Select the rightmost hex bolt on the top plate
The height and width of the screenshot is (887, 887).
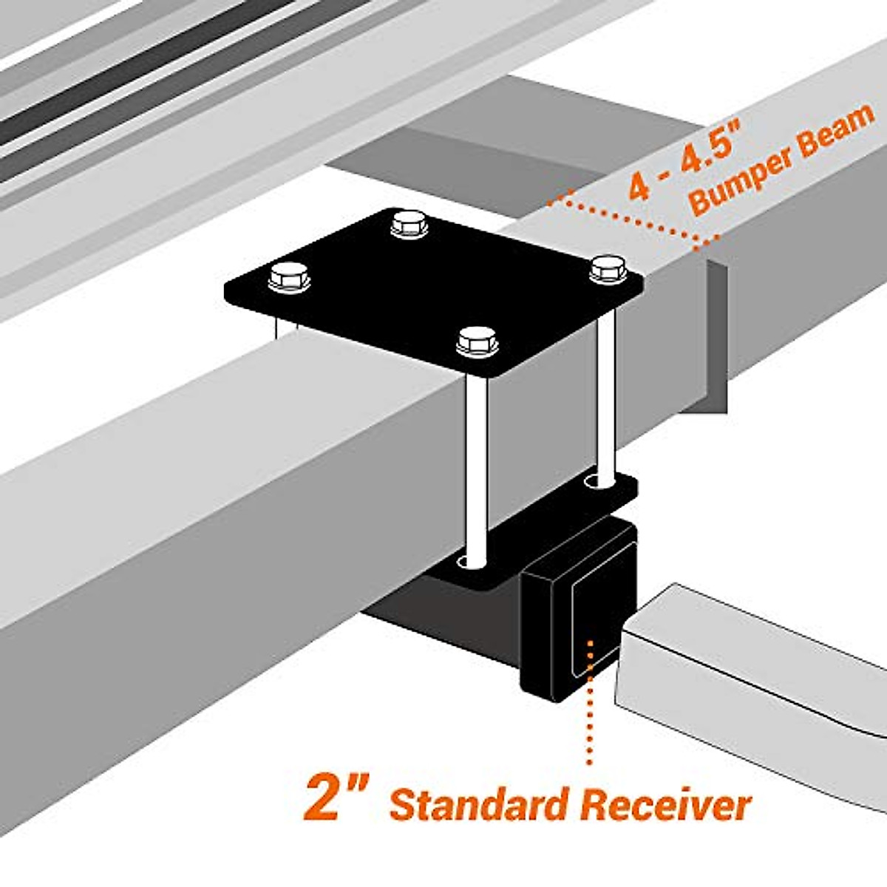point(608,268)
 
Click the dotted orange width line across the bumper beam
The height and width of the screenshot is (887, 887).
point(636,218)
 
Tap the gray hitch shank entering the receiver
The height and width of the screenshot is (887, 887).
point(739,665)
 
